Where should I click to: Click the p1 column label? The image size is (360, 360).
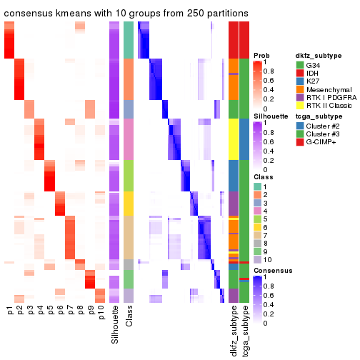coord(9,311)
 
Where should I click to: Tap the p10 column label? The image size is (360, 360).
coord(101,314)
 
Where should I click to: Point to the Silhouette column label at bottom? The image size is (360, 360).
coord(114,325)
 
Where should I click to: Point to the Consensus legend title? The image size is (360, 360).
coord(271,271)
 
